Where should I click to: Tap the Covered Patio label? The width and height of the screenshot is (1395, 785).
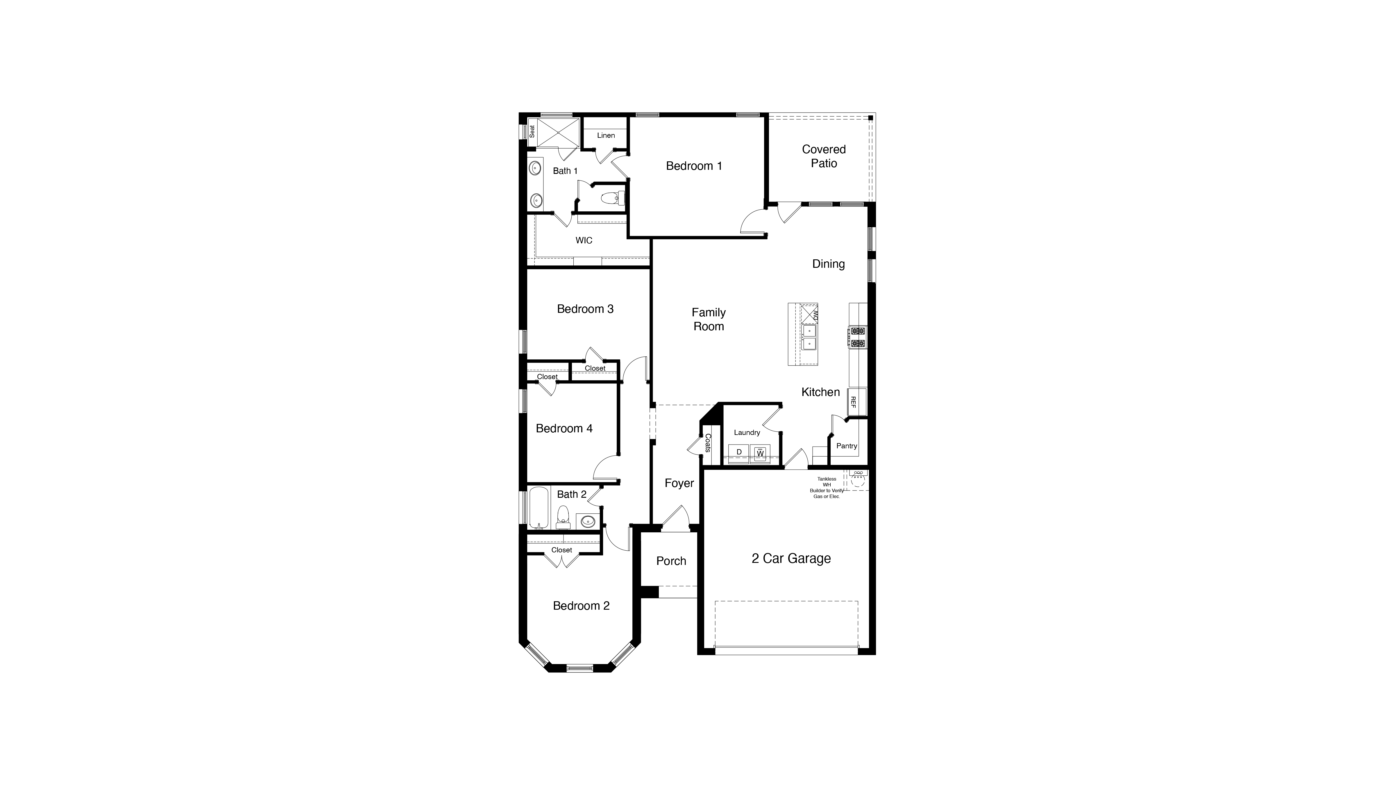point(824,156)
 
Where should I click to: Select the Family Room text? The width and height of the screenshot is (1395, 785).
point(708,319)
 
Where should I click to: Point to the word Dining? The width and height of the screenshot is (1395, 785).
point(828,264)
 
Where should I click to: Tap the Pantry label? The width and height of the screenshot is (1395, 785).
point(846,446)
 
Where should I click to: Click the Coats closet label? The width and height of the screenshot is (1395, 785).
point(708,443)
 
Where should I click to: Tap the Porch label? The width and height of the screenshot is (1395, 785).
point(671,561)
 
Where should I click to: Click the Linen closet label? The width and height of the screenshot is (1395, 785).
point(606,135)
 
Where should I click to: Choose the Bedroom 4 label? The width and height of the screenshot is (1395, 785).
point(564,429)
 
